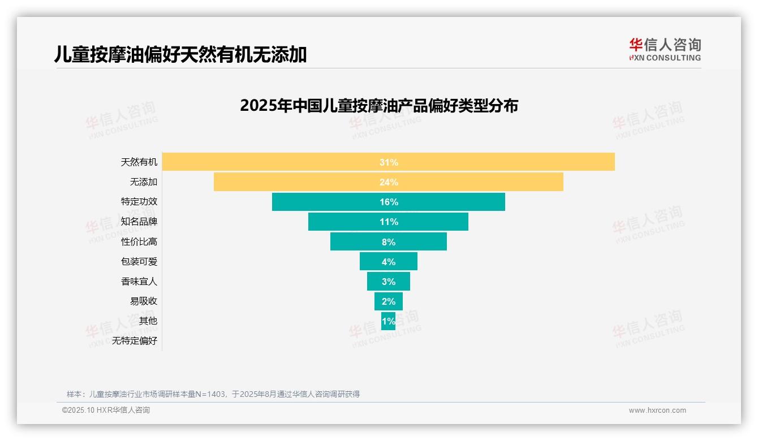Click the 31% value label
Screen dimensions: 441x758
click(x=389, y=162)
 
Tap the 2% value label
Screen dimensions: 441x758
click(x=389, y=301)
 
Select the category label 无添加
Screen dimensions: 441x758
click(x=144, y=182)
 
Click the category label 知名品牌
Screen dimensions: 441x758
click(x=139, y=222)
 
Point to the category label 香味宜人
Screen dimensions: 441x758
click(x=139, y=281)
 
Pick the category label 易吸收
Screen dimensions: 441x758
click(x=144, y=301)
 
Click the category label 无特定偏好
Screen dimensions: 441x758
click(x=135, y=340)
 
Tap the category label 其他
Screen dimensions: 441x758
click(x=148, y=321)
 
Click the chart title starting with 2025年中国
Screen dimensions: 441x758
click(x=379, y=106)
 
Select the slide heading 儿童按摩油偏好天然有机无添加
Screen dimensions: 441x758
click(x=180, y=54)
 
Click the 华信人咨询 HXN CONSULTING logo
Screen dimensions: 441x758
click(x=665, y=49)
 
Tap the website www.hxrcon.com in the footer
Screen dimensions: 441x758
click(x=657, y=410)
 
